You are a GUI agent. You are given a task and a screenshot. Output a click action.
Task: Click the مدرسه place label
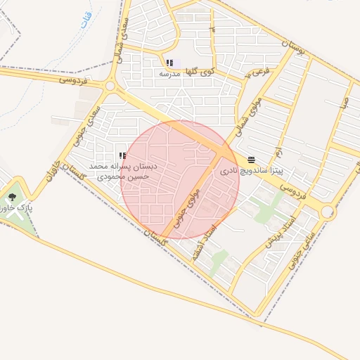click(169, 73)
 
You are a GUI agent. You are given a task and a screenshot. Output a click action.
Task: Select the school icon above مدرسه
click(169, 63)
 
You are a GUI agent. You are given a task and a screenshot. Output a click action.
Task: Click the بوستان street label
click(292, 52)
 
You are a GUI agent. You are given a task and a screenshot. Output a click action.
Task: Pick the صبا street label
click(342, 105)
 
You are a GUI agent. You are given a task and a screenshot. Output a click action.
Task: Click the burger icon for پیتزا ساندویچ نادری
click(252, 160)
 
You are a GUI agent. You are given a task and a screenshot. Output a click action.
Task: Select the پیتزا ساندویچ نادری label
click(251, 170)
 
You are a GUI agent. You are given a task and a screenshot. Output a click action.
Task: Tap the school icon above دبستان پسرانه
click(122, 155)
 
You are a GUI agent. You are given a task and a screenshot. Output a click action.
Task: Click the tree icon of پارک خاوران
click(12, 198)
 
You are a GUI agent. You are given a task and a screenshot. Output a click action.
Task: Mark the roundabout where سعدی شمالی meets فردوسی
click(110, 86)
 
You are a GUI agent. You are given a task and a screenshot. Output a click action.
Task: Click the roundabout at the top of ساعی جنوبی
click(328, 210)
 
